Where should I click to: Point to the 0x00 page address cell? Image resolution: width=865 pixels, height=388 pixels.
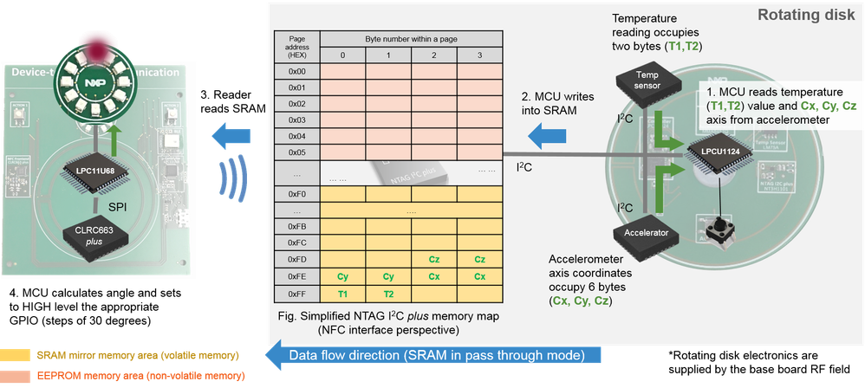[296, 70]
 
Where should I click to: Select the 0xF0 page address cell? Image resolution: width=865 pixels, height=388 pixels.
[296, 193]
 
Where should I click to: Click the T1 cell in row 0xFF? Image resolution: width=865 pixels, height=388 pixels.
[342, 294]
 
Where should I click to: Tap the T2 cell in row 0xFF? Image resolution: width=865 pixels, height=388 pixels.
[388, 294]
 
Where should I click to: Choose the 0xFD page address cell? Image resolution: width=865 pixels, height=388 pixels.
[296, 259]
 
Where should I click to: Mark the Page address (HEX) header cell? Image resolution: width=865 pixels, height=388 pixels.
[296, 47]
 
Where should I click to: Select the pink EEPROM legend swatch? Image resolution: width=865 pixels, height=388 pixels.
[16, 376]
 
